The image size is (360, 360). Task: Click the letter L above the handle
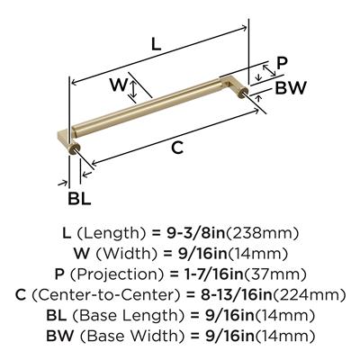point(156,45)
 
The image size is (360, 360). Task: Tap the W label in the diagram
point(119,85)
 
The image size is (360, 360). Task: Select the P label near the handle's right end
point(282,63)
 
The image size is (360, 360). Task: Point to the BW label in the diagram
point(291,88)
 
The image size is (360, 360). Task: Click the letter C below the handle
point(177,148)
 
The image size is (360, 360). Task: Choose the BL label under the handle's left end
point(79,199)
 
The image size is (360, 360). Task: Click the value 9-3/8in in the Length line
point(194,233)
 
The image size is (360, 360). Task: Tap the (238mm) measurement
point(262,233)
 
